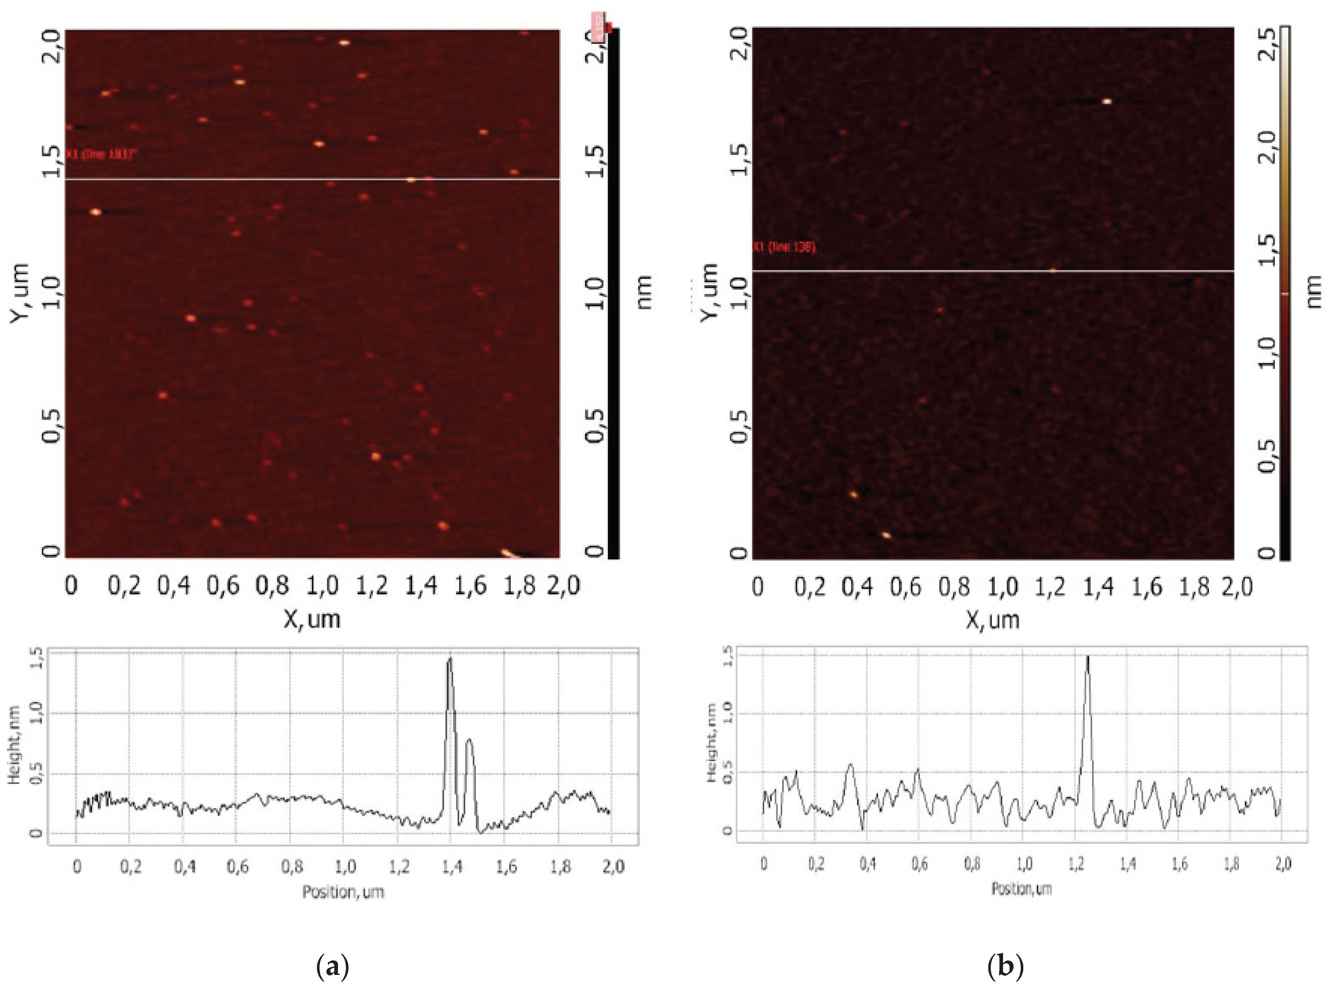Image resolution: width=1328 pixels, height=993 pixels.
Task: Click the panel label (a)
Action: coord(332,966)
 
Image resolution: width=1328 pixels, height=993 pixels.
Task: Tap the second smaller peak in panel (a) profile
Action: coord(469,742)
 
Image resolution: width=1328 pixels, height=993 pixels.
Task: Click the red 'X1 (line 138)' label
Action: coord(784,247)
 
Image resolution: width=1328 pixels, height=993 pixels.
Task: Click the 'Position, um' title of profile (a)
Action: coord(343,892)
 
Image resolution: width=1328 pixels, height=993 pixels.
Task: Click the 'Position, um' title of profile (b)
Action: coord(1021,888)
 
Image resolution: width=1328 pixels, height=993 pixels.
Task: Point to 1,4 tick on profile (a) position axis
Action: coord(452,866)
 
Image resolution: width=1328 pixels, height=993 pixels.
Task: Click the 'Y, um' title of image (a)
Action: coord(20,292)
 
